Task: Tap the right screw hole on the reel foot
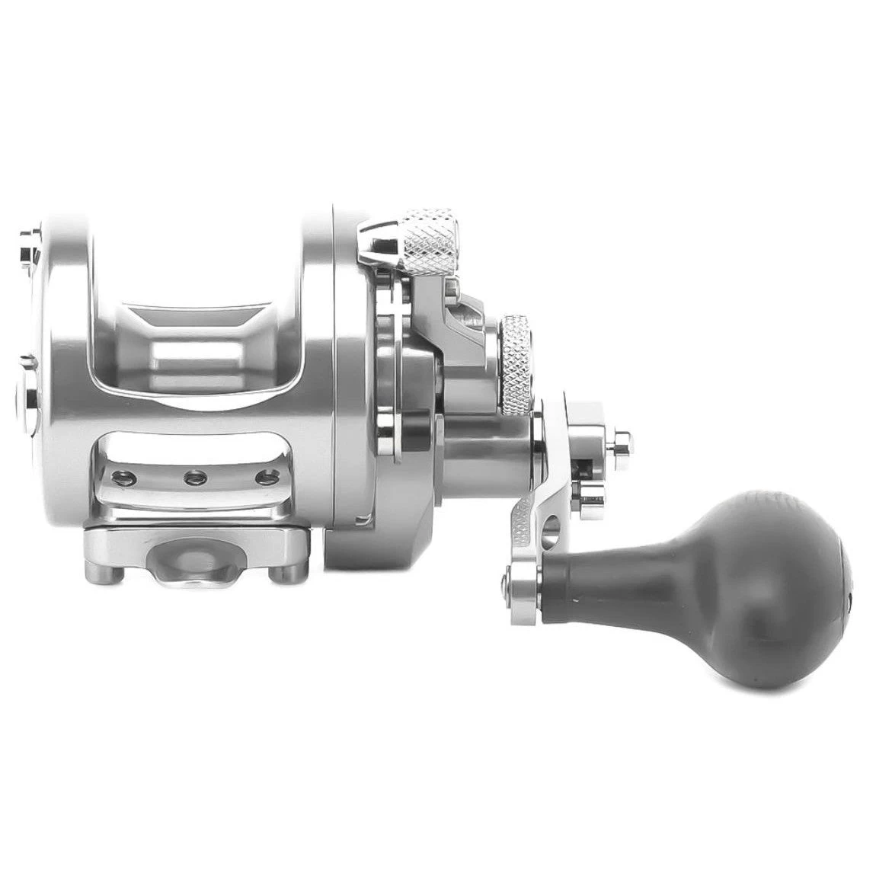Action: click(265, 478)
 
